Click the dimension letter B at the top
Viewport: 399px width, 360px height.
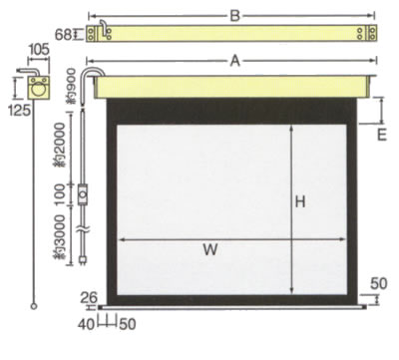point(234,16)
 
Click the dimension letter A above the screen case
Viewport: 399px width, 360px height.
point(235,61)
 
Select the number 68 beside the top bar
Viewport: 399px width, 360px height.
point(63,35)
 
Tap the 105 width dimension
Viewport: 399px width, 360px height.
point(39,50)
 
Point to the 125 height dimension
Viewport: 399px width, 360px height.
point(19,110)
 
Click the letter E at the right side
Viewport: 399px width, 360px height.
point(382,136)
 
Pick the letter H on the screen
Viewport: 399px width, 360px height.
point(300,201)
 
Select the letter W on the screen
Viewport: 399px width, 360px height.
point(210,249)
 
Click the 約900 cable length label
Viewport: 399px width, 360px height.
point(72,86)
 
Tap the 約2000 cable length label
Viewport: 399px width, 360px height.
point(60,145)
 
